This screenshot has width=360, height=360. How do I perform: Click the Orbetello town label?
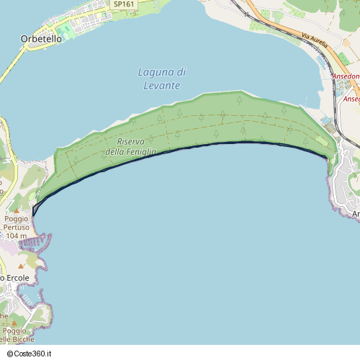click(41, 39)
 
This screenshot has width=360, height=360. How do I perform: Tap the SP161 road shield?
click(124, 4)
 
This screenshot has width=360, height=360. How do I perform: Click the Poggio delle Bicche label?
click(14, 336)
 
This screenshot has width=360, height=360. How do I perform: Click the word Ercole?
click(18, 278)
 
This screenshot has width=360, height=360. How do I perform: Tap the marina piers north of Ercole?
click(32, 243)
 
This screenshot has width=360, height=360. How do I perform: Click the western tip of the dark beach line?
click(33, 213)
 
